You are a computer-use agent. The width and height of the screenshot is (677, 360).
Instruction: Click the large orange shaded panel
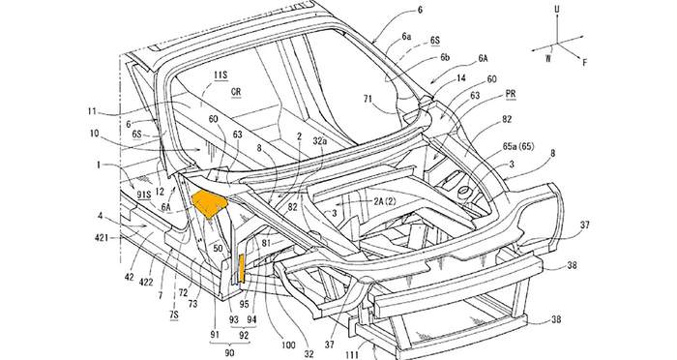pos(209,203)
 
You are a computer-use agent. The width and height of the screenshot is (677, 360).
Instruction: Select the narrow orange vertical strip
pos(242,268)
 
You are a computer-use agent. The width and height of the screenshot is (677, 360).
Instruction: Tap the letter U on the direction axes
pos(556,10)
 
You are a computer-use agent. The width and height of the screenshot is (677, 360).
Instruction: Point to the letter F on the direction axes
pos(584,62)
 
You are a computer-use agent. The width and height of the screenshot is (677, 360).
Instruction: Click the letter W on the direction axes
pos(548,58)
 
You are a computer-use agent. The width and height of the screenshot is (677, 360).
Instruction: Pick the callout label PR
pos(510,94)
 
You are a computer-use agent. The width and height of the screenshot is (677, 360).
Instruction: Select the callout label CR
pos(236,92)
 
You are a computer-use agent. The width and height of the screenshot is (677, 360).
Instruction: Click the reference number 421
pos(102,237)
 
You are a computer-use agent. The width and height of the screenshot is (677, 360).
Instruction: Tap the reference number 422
pos(147,282)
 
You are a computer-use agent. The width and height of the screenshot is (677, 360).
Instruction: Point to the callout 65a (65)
pos(518,146)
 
